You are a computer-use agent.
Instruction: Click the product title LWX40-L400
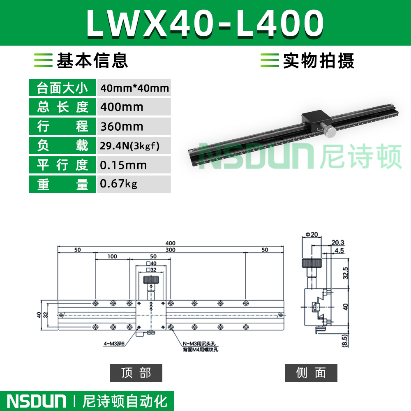tap(205, 23)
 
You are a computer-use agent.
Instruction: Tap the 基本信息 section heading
tap(92, 60)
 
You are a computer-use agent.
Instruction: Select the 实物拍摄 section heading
tap(319, 60)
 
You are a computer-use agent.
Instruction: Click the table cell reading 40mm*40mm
tap(134, 88)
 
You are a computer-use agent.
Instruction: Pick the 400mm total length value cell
tap(134, 107)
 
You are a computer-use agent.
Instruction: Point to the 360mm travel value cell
tap(134, 126)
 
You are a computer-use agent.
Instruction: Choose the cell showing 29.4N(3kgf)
tap(134, 145)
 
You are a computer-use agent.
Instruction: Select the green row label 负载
tap(62, 145)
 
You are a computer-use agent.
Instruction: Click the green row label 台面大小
tap(62, 88)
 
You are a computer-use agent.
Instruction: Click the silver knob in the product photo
tap(328, 131)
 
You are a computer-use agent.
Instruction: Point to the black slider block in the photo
tap(316, 120)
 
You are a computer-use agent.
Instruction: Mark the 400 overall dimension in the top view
tap(171, 243)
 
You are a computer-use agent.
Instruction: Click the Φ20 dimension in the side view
tap(312, 235)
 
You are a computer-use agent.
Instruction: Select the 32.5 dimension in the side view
tap(346, 273)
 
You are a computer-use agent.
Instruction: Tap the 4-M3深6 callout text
tap(114, 343)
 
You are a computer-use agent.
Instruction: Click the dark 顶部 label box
tap(136, 372)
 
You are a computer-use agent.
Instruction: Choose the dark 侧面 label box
tap(311, 372)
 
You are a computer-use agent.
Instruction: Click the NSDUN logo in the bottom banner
tap(37, 401)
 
